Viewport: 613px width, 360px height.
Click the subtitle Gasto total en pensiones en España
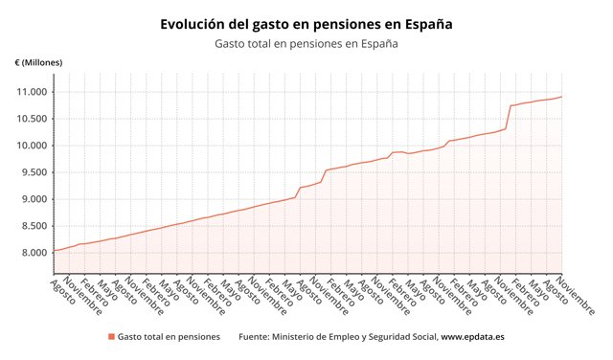point(306,43)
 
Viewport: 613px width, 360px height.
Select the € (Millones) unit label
point(39,63)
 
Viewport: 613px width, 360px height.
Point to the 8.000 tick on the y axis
point(33,253)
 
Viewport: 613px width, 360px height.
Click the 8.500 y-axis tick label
point(33,226)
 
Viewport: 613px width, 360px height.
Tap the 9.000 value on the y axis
point(33,199)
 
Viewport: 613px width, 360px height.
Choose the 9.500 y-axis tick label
point(33,172)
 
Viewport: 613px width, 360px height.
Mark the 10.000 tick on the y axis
point(30,146)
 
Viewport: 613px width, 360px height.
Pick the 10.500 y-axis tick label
point(30,119)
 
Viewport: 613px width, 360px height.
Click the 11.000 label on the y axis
point(30,92)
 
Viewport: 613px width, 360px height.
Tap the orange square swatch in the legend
point(111,337)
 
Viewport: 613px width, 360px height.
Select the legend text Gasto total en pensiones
point(170,337)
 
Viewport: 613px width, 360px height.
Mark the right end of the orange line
point(562,97)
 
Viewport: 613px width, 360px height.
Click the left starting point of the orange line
point(53,251)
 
